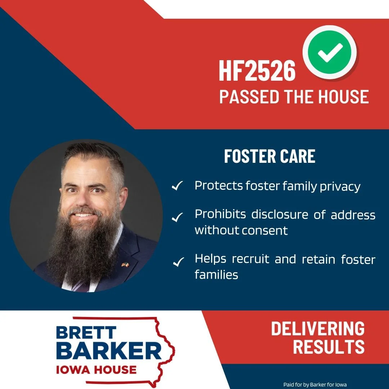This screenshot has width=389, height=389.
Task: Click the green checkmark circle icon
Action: [330, 53]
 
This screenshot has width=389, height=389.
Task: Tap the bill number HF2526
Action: [257, 71]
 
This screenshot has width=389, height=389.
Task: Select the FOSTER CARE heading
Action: [269, 156]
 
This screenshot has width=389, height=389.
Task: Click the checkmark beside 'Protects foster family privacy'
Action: [177, 187]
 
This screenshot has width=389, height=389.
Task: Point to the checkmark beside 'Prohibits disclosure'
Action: [177, 218]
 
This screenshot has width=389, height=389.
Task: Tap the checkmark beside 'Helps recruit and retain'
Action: [178, 262]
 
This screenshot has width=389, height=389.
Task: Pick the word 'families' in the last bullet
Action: [216, 275]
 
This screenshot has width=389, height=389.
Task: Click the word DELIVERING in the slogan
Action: [318, 329]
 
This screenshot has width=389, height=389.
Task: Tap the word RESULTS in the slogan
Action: [328, 346]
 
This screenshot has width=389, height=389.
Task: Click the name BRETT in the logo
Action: [86, 332]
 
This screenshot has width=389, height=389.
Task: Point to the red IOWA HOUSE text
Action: [96, 369]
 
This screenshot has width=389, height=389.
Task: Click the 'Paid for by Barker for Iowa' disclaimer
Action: [315, 385]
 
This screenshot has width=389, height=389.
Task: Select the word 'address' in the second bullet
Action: [353, 215]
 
